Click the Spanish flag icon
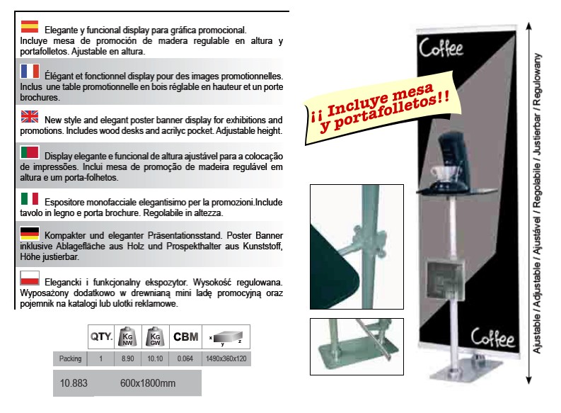click(29, 26)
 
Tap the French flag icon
click(30, 72)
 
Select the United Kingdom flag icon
click(29, 116)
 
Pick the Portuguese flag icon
click(30, 152)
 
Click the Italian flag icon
click(29, 199)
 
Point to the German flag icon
click(30, 233)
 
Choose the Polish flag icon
click(30, 278)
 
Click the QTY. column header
click(101, 336)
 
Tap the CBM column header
click(185, 336)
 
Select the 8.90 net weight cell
click(128, 358)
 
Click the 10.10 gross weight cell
click(155, 358)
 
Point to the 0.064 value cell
click(185, 358)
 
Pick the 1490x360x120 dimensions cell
click(226, 358)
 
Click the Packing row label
click(71, 358)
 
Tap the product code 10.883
click(74, 383)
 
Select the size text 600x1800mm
click(148, 383)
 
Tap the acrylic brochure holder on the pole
click(445, 281)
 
